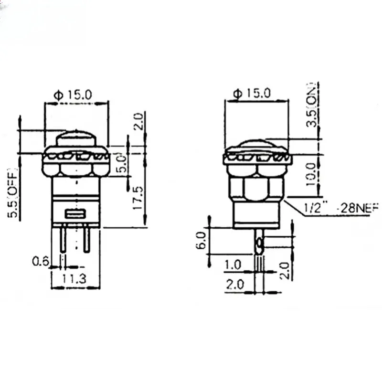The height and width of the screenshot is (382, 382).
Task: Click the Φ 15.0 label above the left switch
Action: pyautogui.click(x=74, y=95)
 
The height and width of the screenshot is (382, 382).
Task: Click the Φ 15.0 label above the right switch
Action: pyautogui.click(x=252, y=93)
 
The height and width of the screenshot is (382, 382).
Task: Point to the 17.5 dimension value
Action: pyautogui.click(x=138, y=199)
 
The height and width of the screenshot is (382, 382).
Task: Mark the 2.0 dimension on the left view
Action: pyautogui.click(x=138, y=121)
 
